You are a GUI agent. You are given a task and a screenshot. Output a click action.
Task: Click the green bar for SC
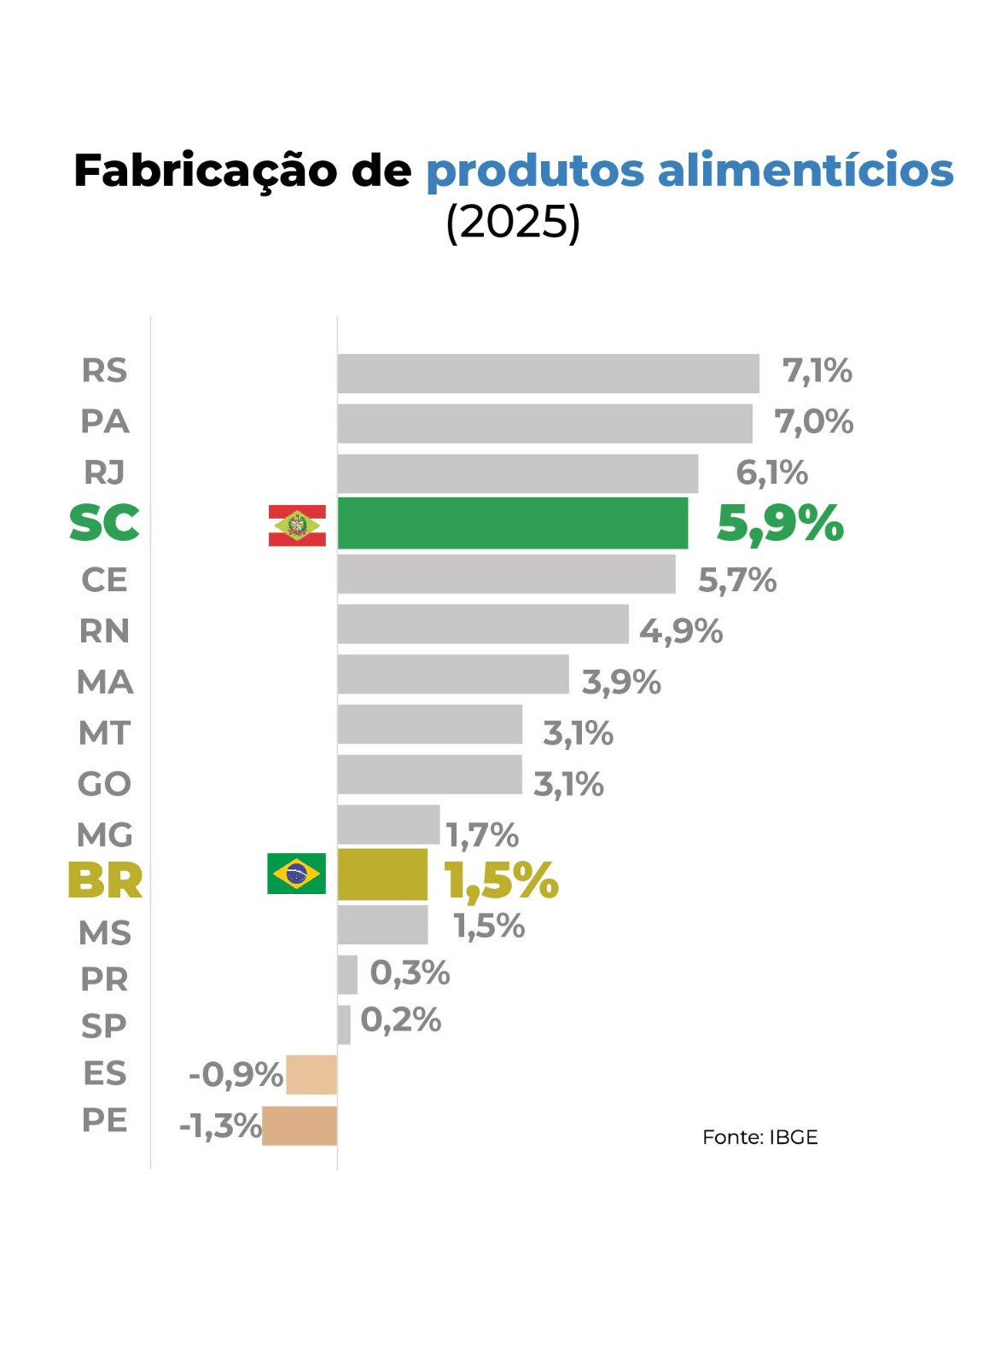(x=512, y=523)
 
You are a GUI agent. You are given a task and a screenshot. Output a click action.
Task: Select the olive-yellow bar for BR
(x=382, y=874)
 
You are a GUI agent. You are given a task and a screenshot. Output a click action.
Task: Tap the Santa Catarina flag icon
(x=297, y=526)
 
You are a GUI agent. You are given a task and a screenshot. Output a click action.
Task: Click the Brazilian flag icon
(x=296, y=874)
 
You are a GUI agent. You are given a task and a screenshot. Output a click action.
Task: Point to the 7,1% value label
(x=817, y=372)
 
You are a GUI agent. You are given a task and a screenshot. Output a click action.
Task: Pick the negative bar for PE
(x=300, y=1126)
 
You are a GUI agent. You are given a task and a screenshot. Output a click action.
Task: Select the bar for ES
(x=311, y=1075)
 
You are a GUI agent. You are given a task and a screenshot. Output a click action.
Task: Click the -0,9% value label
(x=236, y=1075)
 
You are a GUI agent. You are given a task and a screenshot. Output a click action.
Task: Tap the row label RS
(x=104, y=371)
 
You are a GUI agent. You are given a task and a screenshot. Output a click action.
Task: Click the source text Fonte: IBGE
(x=759, y=1137)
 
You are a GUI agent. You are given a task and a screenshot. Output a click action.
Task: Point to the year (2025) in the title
(x=513, y=223)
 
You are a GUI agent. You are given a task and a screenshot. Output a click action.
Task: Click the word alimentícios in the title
(x=805, y=171)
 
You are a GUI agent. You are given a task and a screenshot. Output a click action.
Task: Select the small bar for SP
(x=344, y=1025)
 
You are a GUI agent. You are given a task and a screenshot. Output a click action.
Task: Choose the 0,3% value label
(x=410, y=973)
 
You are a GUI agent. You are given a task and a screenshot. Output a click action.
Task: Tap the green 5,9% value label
(x=780, y=523)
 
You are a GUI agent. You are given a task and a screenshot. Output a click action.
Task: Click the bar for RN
(x=483, y=624)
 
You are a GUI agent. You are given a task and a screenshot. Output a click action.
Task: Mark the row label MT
(x=104, y=734)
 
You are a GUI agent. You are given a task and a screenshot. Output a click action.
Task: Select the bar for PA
(x=544, y=423)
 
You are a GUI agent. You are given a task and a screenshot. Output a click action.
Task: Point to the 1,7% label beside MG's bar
(x=482, y=835)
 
